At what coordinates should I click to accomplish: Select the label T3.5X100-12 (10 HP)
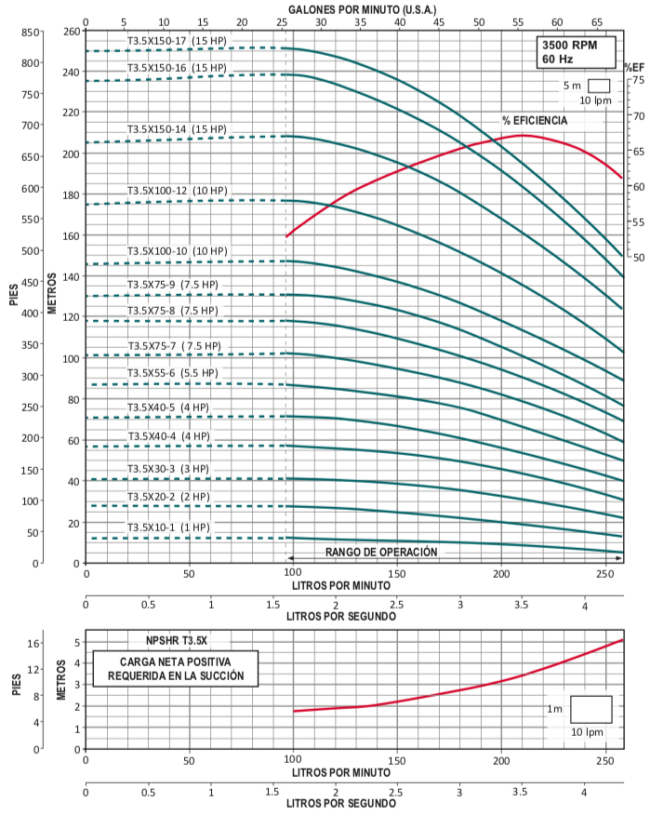pos(177,191)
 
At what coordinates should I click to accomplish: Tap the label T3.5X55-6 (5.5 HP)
pos(172,373)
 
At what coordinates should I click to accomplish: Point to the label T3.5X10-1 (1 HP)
pos(168,528)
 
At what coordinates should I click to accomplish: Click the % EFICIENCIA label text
pos(535,120)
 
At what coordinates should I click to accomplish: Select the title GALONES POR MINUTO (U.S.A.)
pos(353,7)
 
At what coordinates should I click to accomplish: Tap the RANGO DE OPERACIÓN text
pos(380,552)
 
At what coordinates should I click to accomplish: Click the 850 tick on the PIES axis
pos(32,33)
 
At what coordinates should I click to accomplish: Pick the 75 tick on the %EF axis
pos(638,81)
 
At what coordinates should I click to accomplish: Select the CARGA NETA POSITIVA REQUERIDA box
pos(176,669)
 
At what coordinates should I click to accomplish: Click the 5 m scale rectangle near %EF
pos(598,86)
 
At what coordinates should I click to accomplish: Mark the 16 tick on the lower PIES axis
pos(34,643)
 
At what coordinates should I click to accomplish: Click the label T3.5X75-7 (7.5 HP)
pos(174,346)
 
